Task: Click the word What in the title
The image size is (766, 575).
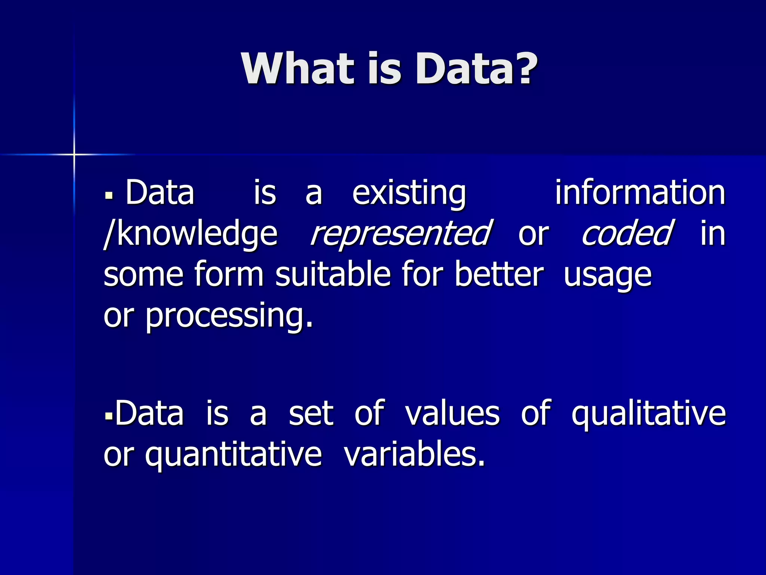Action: (x=297, y=69)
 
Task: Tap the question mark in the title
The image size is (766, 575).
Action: (x=521, y=69)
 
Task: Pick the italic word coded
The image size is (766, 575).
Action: (x=627, y=234)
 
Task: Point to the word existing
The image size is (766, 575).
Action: (x=409, y=193)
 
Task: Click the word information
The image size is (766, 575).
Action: (x=640, y=192)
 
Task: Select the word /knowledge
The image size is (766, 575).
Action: (x=191, y=234)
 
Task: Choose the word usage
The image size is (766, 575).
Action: (x=607, y=277)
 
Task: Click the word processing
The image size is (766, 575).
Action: (x=229, y=316)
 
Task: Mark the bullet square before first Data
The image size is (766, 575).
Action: (x=109, y=195)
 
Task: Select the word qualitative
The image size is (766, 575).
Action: (x=649, y=414)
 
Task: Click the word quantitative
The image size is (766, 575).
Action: (x=233, y=455)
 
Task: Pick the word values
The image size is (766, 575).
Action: (x=452, y=414)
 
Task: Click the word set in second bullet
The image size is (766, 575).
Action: (x=311, y=414)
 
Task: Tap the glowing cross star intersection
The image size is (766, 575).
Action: (x=74, y=154)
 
